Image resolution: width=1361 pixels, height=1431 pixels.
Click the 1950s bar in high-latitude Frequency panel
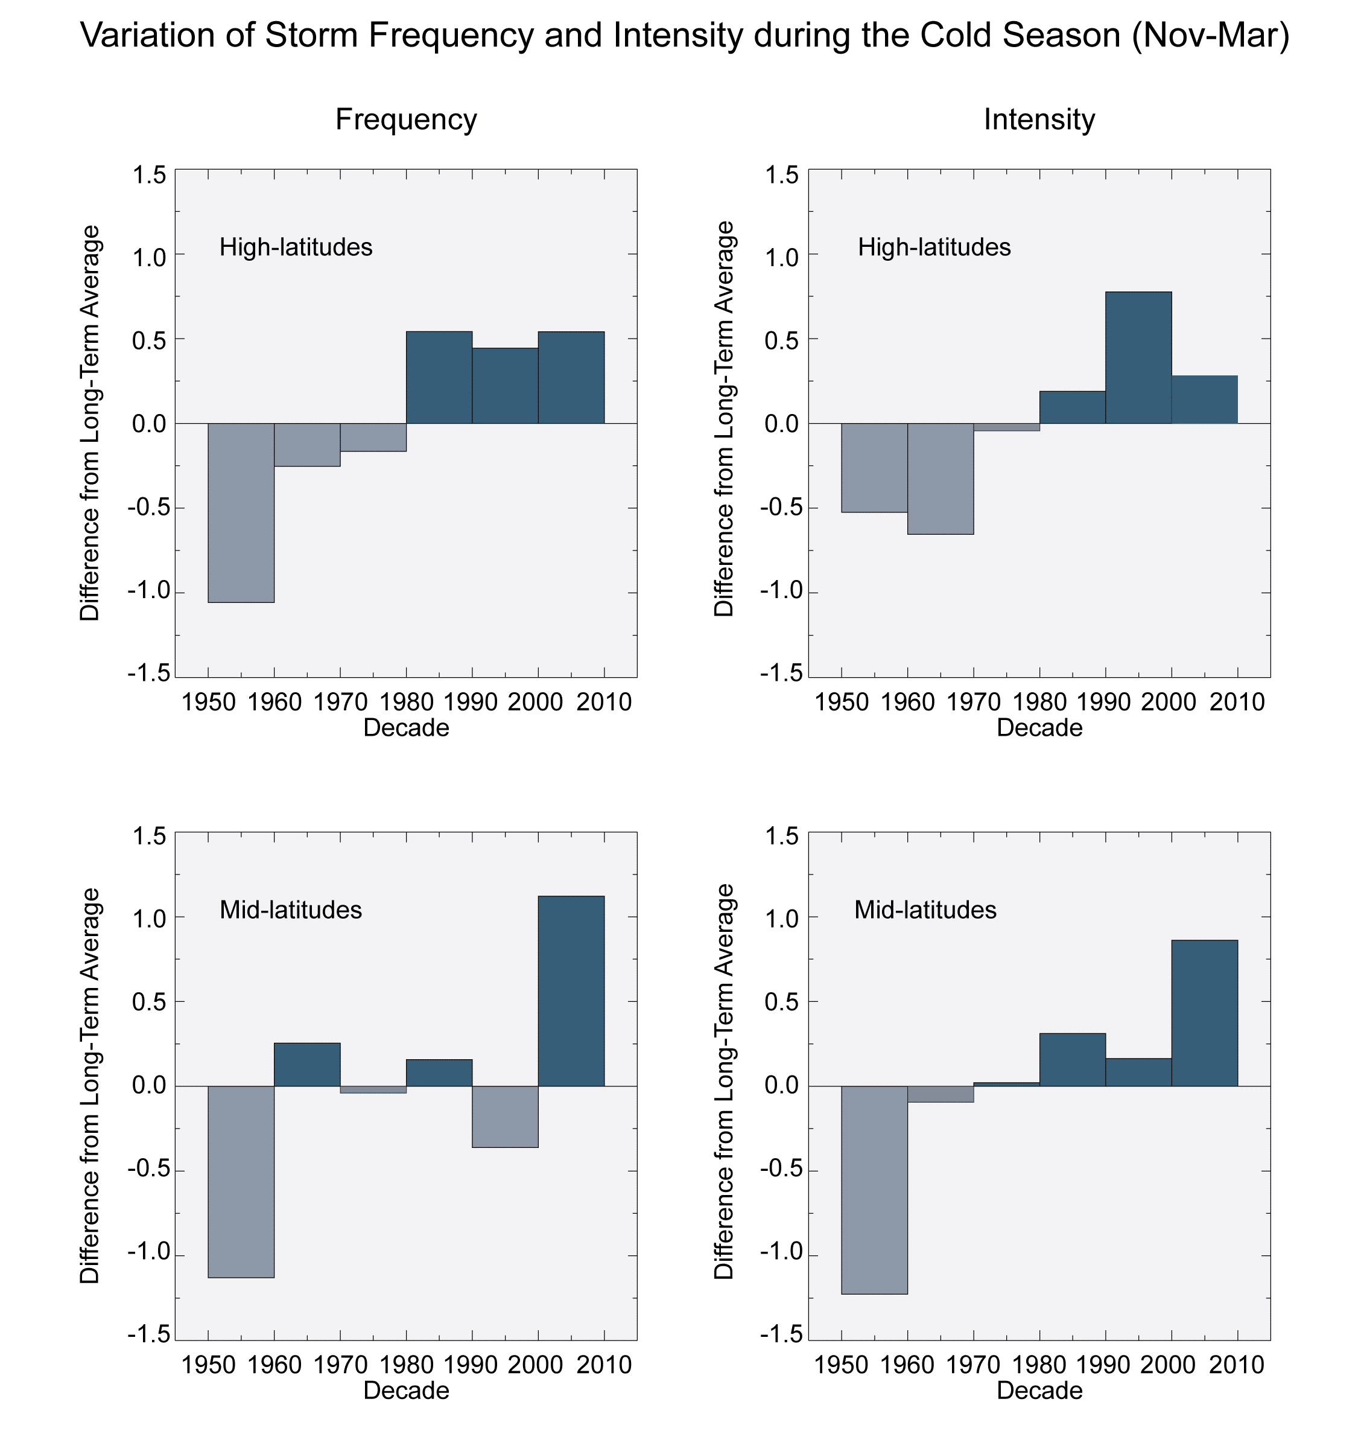tap(241, 512)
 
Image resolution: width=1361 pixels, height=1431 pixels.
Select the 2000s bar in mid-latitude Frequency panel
tap(571, 990)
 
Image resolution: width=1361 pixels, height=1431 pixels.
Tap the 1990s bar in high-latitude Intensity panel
tap(1138, 357)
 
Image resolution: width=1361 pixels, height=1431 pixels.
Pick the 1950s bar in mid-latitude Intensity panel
tap(874, 1190)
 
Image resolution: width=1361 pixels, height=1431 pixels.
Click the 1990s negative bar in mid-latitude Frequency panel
tap(505, 1116)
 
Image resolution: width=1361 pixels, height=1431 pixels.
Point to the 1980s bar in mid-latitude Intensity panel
tap(1072, 1059)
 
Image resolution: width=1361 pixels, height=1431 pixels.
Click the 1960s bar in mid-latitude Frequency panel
tap(307, 1064)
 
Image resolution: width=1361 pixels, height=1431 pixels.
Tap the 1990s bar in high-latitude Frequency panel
tap(505, 385)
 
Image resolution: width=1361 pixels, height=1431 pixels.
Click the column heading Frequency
tap(406, 119)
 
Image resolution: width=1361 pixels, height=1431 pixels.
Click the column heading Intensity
tap(1039, 119)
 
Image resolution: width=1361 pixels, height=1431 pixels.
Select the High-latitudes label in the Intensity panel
tap(934, 247)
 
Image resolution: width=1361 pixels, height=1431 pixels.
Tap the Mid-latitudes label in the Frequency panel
tap(290, 910)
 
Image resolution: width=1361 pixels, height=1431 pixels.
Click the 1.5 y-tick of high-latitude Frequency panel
tap(149, 175)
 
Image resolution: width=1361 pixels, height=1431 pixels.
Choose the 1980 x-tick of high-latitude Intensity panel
tap(1039, 702)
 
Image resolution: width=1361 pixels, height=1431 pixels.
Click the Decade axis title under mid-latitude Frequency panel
tap(406, 1391)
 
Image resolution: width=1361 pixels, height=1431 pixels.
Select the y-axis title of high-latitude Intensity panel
tap(724, 419)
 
